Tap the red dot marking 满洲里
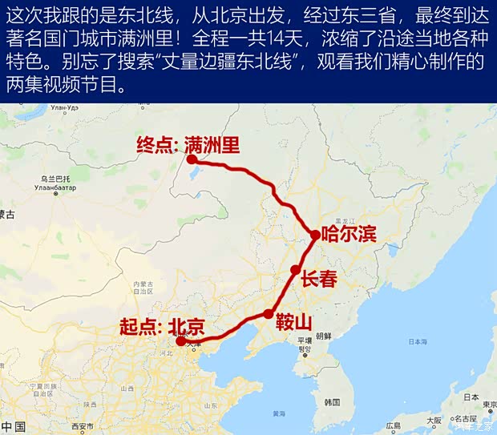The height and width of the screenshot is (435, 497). (x=192, y=159)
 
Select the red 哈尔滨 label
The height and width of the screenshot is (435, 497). (x=349, y=235)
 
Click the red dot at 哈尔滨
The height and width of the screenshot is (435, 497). (x=316, y=234)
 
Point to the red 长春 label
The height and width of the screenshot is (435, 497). (x=319, y=279)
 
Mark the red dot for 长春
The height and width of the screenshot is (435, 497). (x=295, y=270)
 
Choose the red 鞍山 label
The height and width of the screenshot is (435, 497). (x=293, y=322)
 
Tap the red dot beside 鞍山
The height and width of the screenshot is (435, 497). (x=268, y=314)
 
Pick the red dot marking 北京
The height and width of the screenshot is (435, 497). (x=181, y=341)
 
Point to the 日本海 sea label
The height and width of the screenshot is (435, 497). (x=418, y=341)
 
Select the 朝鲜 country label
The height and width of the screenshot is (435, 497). (x=324, y=336)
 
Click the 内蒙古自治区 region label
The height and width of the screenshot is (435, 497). (x=143, y=286)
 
